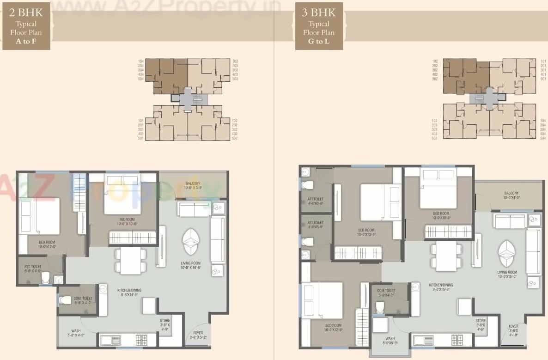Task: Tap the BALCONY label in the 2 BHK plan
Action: [x=193, y=185]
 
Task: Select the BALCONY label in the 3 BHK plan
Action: [x=511, y=195]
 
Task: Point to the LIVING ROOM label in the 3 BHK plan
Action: [x=507, y=275]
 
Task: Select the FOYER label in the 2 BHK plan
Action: [x=198, y=335]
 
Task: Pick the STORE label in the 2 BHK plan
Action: [x=165, y=323]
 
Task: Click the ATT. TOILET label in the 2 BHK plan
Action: [x=33, y=269]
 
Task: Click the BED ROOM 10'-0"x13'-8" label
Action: [x=366, y=232]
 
